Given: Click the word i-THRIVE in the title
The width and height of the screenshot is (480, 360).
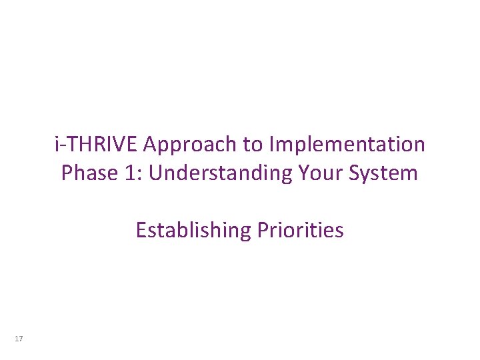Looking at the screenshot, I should pos(97,144).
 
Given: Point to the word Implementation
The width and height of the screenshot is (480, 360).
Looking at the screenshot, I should pos(346,144).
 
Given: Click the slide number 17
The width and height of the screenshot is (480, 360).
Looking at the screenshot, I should pos(18,339).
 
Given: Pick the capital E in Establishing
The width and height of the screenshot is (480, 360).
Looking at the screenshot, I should pos(141,231).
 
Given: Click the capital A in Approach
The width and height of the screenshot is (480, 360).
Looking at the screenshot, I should pos(151,144).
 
